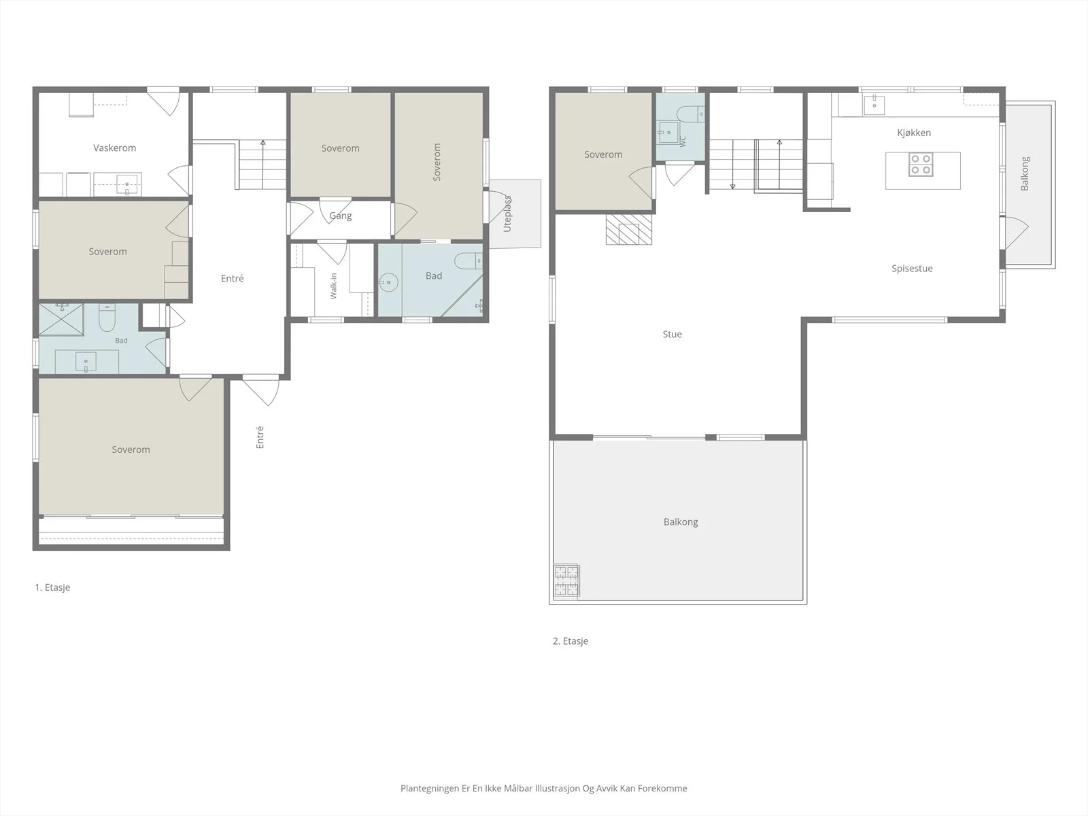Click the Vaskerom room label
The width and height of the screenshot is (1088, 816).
(114, 148)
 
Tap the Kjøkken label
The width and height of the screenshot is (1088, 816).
(914, 133)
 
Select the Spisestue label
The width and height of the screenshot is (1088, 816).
(912, 269)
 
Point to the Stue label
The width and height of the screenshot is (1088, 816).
(672, 335)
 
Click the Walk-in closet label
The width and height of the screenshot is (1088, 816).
(334, 286)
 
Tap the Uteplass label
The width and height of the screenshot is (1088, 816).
(507, 214)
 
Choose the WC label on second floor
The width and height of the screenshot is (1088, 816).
(683, 141)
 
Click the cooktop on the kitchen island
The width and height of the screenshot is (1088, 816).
(921, 165)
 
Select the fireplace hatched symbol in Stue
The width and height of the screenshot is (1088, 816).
(628, 229)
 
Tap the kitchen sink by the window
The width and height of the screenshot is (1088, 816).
(874, 105)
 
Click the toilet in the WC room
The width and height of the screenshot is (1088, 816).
(691, 114)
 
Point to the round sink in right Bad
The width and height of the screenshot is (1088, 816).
(388, 282)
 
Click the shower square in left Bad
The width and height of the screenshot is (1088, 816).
(61, 320)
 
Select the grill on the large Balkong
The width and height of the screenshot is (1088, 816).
(566, 580)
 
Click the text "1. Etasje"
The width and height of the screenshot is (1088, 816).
(52, 587)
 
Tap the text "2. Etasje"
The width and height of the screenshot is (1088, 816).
(571, 641)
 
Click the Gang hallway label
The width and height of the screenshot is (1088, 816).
(341, 216)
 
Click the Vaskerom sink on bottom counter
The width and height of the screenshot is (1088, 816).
(127, 184)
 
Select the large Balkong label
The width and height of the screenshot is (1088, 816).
(681, 522)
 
